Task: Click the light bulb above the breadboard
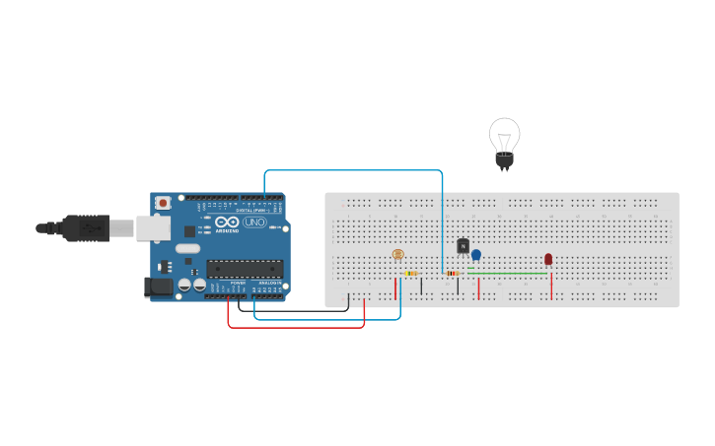[504, 141]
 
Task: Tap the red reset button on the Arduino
[163, 203]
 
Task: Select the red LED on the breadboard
[548, 260]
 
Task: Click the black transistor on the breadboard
[463, 246]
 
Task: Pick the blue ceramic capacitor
[476, 256]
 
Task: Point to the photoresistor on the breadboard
[397, 255]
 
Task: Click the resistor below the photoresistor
[411, 274]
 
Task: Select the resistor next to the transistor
[454, 274]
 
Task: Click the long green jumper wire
[508, 274]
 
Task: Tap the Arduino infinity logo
[227, 223]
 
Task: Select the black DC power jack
[158, 287]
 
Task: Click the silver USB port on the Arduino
[152, 227]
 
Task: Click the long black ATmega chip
[245, 267]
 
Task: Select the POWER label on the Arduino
[238, 283]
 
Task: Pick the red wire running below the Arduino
[296, 327]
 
